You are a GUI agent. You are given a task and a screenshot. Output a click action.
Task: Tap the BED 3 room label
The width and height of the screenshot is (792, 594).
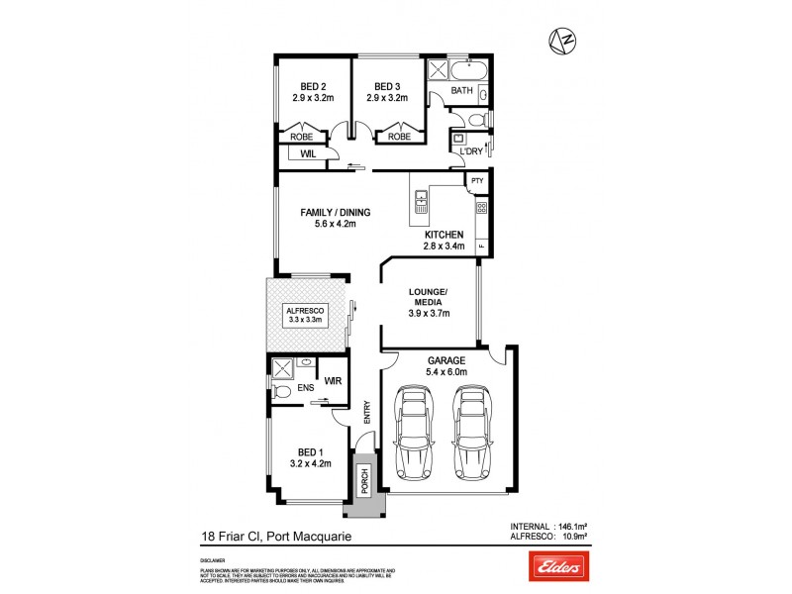click(x=385, y=86)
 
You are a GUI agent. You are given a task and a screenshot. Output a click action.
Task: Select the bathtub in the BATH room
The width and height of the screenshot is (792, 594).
click(x=465, y=70)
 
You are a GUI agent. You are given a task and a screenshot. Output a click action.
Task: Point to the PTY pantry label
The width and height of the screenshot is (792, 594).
click(x=477, y=181)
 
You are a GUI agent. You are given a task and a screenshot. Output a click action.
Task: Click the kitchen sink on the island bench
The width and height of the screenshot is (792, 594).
click(x=420, y=203)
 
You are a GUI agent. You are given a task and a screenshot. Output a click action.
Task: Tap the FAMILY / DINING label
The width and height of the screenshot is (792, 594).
click(x=336, y=212)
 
